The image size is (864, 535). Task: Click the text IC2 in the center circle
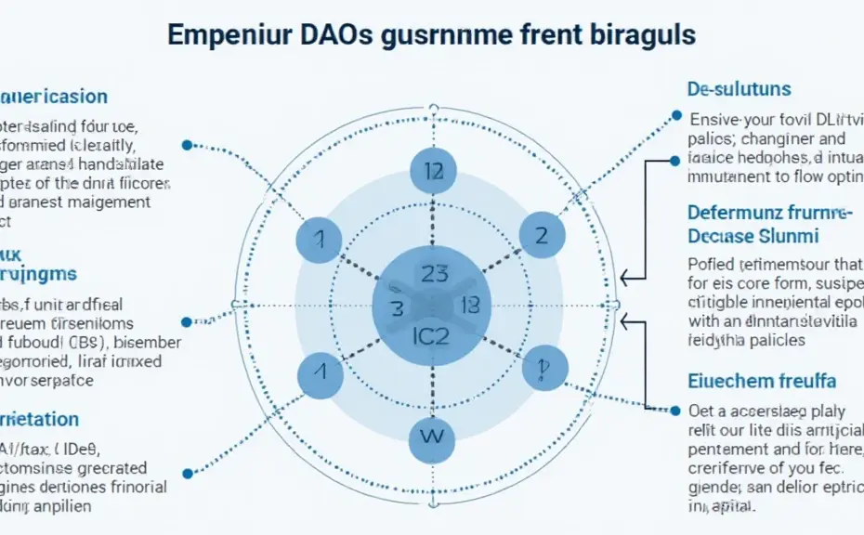point(429,335)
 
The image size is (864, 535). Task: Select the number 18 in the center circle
point(466,304)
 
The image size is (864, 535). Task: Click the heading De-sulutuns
point(739,89)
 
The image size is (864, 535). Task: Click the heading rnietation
point(39,419)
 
